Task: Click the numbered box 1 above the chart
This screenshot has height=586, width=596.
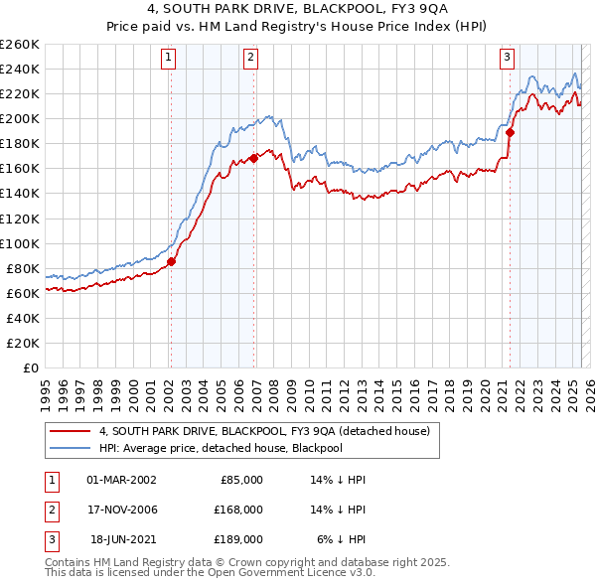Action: tap(170, 58)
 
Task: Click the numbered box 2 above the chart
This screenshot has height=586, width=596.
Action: tap(251, 58)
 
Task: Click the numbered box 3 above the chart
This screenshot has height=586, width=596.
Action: tap(508, 58)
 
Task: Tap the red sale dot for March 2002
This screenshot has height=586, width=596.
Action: tap(171, 261)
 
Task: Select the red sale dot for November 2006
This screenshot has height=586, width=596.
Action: tap(254, 157)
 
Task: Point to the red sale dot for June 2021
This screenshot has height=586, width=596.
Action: tap(511, 131)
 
